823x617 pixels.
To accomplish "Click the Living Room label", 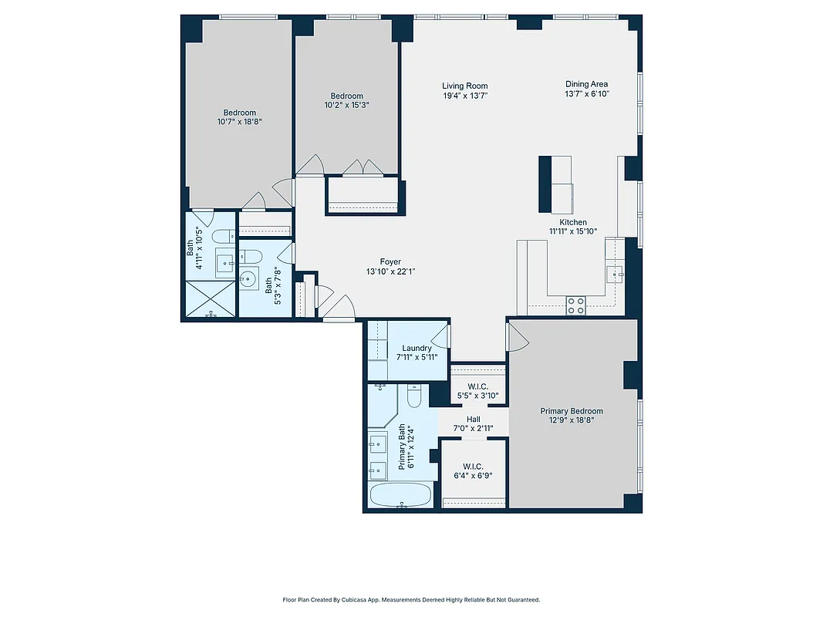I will tap(464, 86).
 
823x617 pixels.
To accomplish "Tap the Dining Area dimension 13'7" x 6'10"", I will tap(587, 94).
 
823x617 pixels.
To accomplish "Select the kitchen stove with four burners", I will tap(575, 305).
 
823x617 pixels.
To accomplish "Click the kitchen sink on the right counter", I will tap(616, 272).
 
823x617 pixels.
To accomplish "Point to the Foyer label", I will tap(390, 262).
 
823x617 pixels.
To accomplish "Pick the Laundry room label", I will tap(417, 349).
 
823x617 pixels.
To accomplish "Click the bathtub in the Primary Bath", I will tap(401, 495).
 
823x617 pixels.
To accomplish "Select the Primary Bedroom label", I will tap(571, 411).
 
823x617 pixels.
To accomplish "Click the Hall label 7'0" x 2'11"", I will tap(473, 419).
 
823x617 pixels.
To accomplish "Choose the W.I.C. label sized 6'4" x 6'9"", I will tap(473, 467).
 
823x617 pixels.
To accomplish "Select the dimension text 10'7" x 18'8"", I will tap(239, 121).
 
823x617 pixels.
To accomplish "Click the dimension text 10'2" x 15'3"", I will tap(346, 105).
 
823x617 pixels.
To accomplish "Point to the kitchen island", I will tap(556, 184).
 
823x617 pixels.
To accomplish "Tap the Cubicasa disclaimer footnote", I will tap(411, 599).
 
